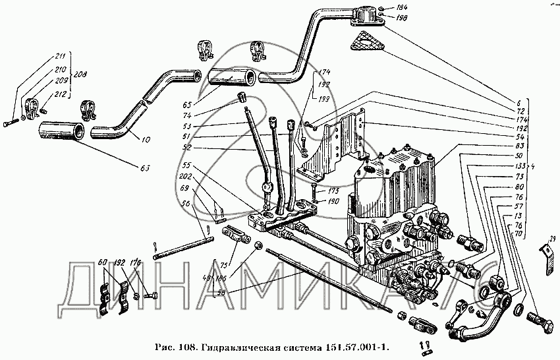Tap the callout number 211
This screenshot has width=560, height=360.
61,55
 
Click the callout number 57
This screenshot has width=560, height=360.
502,206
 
